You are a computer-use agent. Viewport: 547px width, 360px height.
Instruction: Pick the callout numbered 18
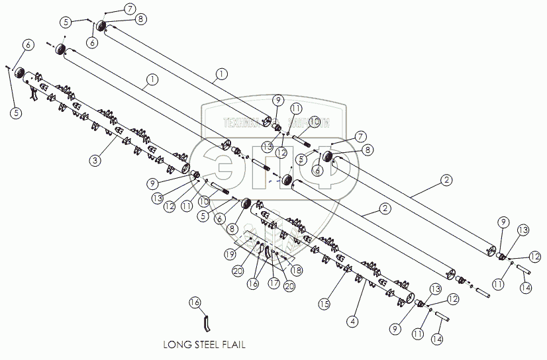297,270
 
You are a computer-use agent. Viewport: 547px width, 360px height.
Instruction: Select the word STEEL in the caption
209,345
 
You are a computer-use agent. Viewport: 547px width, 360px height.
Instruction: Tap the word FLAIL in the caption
238,345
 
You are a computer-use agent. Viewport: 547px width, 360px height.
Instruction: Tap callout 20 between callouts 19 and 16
237,270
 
